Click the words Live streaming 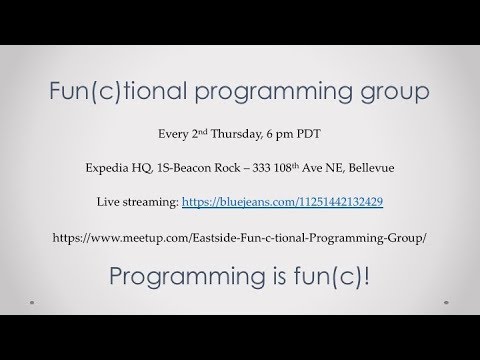click(x=136, y=202)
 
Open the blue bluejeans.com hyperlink click(x=290, y=202)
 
